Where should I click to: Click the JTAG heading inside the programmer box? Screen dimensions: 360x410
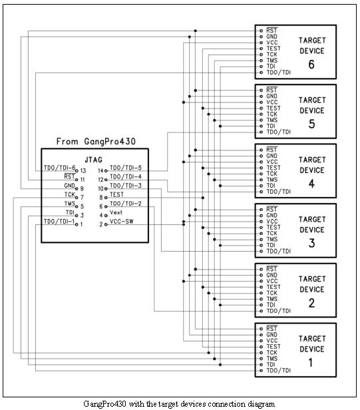(93, 160)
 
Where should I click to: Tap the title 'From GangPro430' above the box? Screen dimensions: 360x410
(96, 142)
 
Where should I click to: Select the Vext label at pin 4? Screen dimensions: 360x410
(116, 212)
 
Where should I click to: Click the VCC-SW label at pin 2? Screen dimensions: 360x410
(121, 221)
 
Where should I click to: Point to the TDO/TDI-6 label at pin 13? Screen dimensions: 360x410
(59, 168)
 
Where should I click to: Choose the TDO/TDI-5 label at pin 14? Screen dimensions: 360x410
(126, 168)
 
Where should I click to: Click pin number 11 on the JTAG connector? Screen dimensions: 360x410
(83, 180)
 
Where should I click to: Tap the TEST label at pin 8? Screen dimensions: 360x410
(116, 194)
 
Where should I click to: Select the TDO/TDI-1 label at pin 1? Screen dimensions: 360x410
(59, 222)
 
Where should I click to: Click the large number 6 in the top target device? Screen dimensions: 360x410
(311, 65)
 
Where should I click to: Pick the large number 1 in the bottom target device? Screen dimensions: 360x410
(311, 363)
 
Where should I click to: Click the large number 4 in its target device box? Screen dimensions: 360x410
(311, 184)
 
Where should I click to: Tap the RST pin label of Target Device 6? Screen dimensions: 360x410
(272, 31)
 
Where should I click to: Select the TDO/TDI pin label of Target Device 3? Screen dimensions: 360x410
(278, 252)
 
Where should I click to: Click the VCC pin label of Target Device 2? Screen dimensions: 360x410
(272, 281)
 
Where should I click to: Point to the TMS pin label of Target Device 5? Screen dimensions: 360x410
(272, 120)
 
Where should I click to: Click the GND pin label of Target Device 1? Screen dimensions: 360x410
(272, 335)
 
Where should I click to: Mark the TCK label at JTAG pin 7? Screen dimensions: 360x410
(70, 194)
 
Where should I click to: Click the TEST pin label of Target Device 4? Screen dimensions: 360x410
(273, 168)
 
